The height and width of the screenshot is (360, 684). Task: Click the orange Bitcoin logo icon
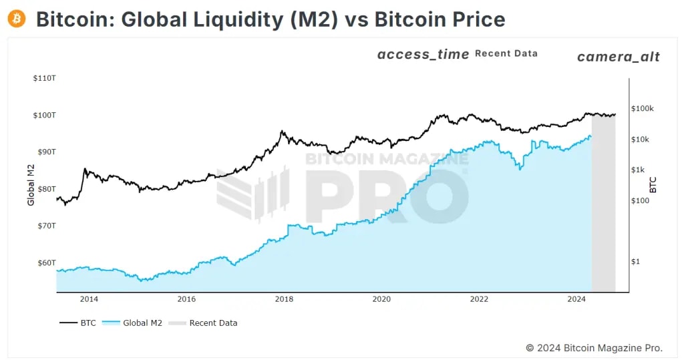pyautogui.click(x=17, y=19)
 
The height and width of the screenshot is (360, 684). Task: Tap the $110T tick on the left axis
pyautogui.click(x=43, y=78)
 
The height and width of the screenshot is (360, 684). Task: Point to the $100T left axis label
pyautogui.click(x=43, y=115)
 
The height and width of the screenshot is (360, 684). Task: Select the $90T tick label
pyautogui.click(x=45, y=152)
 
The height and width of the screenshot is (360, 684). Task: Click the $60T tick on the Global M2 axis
pyautogui.click(x=45, y=262)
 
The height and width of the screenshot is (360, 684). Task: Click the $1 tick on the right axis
pyautogui.click(x=635, y=261)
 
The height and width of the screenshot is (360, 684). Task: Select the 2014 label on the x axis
pyautogui.click(x=89, y=299)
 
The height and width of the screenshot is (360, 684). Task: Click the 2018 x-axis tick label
pyautogui.click(x=284, y=299)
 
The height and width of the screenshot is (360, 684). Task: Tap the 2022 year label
pyautogui.click(x=479, y=299)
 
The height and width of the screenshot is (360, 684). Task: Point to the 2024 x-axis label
pyautogui.click(x=577, y=299)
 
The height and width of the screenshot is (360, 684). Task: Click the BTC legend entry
pyautogui.click(x=77, y=323)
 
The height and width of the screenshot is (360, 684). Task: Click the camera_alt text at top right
pyautogui.click(x=618, y=57)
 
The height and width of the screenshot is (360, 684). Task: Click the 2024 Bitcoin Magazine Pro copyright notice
pyautogui.click(x=594, y=347)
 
